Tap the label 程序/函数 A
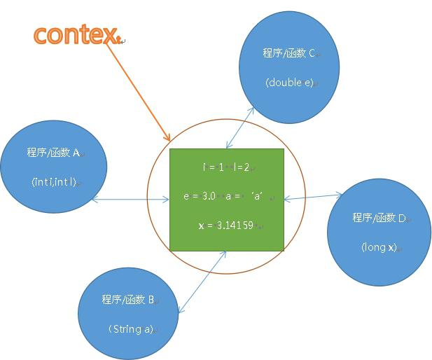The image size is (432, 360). click(53, 153)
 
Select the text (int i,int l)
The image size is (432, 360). click(54, 182)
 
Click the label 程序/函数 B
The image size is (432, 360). click(128, 299)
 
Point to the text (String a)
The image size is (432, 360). click(131, 329)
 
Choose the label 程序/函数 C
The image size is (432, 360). click(288, 53)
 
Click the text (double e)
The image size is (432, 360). click(290, 83)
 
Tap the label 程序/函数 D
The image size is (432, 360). click(379, 218)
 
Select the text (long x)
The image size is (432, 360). click(379, 247)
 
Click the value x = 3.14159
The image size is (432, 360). click(226, 226)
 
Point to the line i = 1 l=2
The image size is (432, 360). click(226, 167)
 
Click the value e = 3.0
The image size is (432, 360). click(200, 196)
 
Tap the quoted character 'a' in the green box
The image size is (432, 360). click(257, 196)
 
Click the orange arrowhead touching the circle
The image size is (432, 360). click(167, 137)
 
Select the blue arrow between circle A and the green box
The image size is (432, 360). click(130, 199)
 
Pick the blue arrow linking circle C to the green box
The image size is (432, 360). click(239, 128)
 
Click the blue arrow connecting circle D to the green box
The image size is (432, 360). click(313, 197)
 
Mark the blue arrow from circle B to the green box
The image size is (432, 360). click(202, 282)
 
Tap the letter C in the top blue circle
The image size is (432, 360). click(312, 53)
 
